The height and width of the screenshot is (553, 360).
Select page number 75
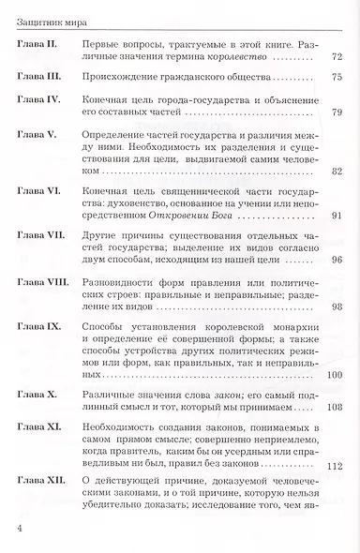click(337, 80)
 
